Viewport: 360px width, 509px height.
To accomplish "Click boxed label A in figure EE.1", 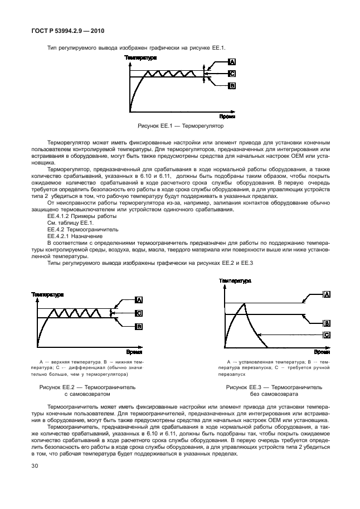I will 232,62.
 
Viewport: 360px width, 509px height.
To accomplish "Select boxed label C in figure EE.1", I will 232,73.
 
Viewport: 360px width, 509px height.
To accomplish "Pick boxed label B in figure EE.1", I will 232,85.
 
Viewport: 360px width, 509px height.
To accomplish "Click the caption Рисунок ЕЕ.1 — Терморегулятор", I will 180,127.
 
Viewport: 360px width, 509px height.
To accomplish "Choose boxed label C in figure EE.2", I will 139,313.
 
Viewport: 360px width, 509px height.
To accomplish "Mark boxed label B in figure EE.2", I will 139,327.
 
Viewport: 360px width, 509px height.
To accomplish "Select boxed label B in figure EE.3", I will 327,323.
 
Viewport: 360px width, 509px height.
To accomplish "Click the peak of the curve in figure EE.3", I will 244,303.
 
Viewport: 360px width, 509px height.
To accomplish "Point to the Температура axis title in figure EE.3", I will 235,282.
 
